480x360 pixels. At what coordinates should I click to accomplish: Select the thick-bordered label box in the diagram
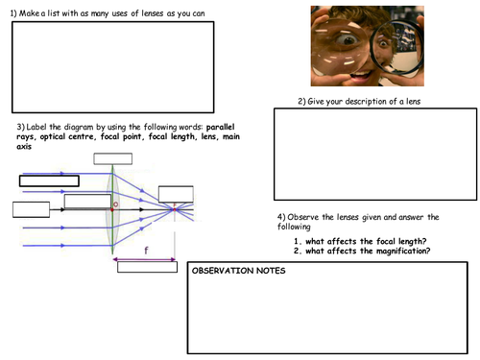(50, 180)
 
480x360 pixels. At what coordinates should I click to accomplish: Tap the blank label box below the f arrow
(147, 268)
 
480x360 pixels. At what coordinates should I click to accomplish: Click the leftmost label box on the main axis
(31, 210)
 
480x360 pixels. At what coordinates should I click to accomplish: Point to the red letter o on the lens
(116, 204)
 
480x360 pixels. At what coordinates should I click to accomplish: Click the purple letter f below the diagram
(145, 250)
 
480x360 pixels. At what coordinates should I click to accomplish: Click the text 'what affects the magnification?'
(366, 251)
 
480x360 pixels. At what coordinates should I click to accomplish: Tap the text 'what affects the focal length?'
(364, 240)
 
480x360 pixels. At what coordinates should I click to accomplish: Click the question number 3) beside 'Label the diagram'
(21, 129)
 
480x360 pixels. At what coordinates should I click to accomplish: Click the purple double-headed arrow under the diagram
(144, 258)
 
